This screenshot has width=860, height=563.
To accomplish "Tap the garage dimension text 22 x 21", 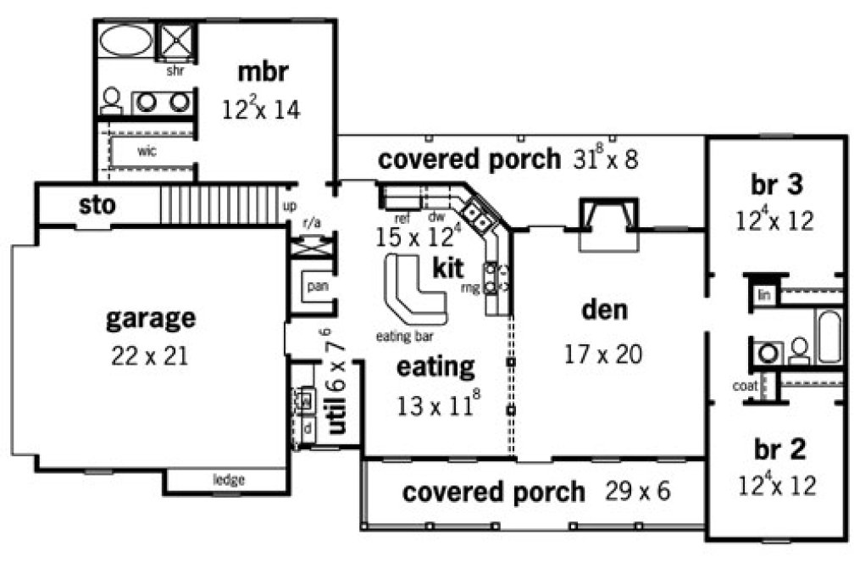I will click(149, 355).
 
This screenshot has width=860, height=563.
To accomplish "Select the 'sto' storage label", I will click(97, 205).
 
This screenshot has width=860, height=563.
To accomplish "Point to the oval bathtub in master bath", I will click(126, 40).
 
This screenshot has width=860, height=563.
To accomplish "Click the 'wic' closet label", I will click(147, 153).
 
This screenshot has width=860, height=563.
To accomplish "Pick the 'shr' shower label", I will click(175, 71).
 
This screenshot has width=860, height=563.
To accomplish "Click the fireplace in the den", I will click(607, 224).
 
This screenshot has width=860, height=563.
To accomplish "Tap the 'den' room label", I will click(604, 310).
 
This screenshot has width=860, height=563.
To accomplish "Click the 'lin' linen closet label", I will click(763, 295).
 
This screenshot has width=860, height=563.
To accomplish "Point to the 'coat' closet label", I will click(745, 387).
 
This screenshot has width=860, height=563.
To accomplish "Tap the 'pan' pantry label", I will click(317, 286).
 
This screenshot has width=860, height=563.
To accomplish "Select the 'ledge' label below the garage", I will click(228, 481).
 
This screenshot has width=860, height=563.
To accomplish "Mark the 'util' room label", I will click(337, 413).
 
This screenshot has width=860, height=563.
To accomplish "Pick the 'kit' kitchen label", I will click(447, 269).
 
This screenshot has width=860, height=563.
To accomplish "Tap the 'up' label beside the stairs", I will click(289, 206).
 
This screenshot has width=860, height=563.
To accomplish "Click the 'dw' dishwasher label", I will click(436, 217).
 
